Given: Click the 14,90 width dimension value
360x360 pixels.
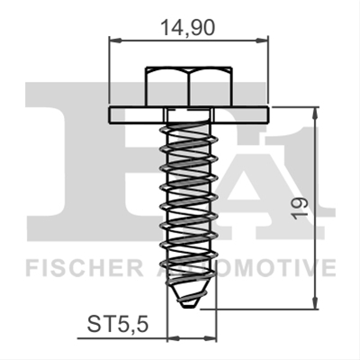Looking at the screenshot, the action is (x=188, y=28).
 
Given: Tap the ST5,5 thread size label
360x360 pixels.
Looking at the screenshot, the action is (x=118, y=325).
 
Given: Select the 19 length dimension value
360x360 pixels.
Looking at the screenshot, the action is (x=301, y=209).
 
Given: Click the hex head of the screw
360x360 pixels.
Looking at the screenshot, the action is (x=189, y=86).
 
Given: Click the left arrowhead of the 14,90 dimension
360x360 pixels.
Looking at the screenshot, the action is (x=116, y=40).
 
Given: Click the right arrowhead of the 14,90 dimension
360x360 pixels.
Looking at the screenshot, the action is (x=262, y=40).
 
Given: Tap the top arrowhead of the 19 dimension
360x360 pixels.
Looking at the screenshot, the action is (x=315, y=113).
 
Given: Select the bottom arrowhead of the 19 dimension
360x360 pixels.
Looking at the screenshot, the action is (x=315, y=301).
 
